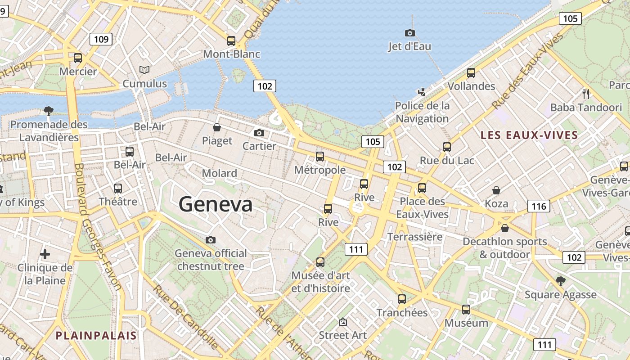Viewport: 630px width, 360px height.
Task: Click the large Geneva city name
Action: [216, 205]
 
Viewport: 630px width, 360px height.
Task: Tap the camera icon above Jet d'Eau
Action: [409, 33]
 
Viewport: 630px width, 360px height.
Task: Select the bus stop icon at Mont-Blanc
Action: [231, 40]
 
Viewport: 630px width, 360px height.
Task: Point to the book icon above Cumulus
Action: [144, 70]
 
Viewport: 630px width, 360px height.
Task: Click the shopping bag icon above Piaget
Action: [217, 127]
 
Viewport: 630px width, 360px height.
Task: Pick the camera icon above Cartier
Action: [259, 133]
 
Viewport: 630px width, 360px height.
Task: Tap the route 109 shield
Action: [101, 39]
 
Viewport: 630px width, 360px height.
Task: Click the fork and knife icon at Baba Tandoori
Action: [586, 94]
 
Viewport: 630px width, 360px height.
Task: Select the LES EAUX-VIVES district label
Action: [529, 135]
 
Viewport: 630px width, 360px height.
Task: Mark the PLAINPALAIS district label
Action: [96, 335]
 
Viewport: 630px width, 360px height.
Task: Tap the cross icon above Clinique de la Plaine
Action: [45, 254]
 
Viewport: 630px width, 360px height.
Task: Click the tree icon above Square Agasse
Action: [560, 281]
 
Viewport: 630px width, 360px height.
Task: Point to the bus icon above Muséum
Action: [466, 310]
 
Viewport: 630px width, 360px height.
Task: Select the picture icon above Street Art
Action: [343, 322]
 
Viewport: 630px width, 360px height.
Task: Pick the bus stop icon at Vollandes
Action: [471, 72]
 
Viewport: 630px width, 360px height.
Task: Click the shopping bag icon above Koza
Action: [496, 190]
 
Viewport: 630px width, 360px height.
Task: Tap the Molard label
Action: [220, 173]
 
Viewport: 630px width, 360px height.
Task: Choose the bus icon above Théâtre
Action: [118, 188]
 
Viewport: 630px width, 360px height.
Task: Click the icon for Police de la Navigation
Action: [422, 92]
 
